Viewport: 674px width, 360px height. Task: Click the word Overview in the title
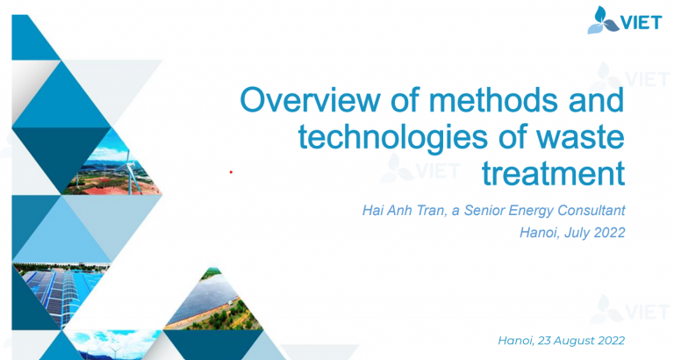click(310, 100)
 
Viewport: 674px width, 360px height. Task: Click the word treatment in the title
click(553, 173)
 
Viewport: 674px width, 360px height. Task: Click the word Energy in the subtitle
click(530, 211)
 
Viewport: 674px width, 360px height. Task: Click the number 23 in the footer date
click(544, 341)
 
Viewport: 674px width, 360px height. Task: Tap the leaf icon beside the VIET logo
click(602, 20)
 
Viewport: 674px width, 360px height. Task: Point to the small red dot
click(231, 172)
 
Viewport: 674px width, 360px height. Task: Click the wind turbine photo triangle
click(114, 166)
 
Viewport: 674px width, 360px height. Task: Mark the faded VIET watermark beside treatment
click(420, 169)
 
